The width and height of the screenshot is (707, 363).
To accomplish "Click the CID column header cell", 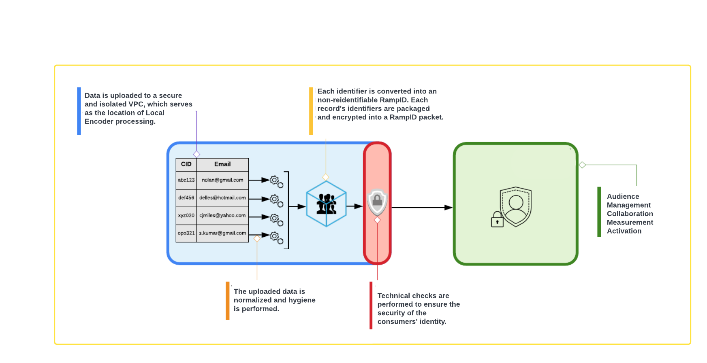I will [186, 164].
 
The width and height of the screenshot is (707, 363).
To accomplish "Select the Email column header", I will [222, 164].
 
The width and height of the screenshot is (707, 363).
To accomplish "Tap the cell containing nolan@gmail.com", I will [222, 180].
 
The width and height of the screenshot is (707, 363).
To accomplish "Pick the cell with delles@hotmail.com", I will [222, 198].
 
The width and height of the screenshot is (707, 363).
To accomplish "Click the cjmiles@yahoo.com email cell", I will [222, 216].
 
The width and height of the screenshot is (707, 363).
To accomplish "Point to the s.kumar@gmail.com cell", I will [222, 234].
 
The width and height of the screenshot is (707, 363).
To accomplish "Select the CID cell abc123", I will [186, 180].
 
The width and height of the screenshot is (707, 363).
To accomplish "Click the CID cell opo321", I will [186, 234].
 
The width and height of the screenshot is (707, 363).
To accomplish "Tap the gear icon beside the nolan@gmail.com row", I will [276, 181].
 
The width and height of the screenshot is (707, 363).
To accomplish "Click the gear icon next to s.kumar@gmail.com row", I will [276, 237].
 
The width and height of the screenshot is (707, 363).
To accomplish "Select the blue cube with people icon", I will [326, 204].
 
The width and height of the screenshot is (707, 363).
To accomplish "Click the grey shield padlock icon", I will [377, 202].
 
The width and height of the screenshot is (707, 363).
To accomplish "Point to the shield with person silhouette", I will [516, 206].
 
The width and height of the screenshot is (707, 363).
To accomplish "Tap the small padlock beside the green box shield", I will [497, 220].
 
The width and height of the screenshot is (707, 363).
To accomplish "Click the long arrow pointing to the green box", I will [421, 208].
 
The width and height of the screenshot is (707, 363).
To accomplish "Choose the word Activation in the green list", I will [624, 231].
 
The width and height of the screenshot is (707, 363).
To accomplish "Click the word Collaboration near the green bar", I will [630, 214].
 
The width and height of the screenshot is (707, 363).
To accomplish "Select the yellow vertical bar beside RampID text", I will [311, 111].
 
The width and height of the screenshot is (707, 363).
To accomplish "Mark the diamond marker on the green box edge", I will [582, 165].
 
